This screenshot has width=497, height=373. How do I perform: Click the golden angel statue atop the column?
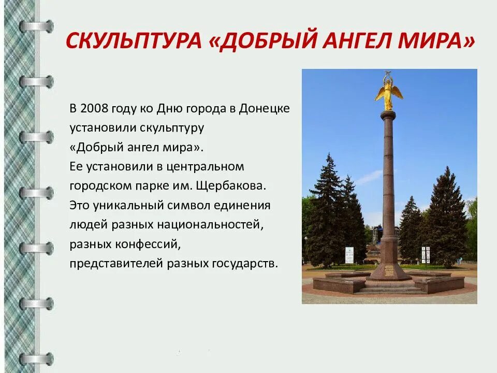[x=388, y=92]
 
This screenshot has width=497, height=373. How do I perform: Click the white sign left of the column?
[x=349, y=255]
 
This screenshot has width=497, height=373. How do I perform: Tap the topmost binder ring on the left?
[x=37, y=26]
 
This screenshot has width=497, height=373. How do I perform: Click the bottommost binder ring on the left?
[x=37, y=358]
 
